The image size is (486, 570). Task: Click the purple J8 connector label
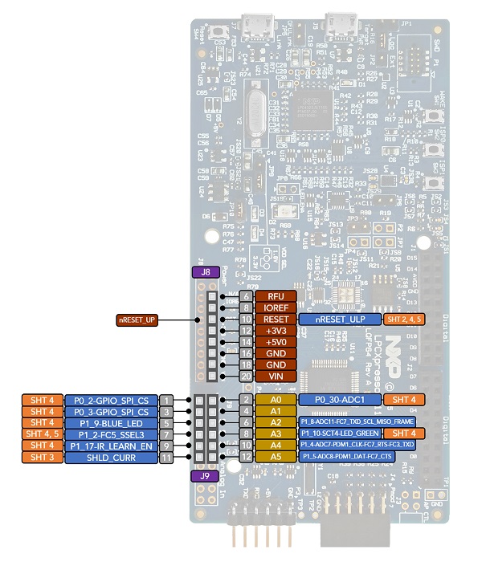coord(206,272)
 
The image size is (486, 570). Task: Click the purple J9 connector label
coord(206,475)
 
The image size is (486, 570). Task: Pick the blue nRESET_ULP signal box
coord(341,319)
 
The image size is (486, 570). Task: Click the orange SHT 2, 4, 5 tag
coord(407,319)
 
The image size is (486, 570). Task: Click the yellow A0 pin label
coord(276,399)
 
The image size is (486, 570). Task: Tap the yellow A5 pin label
coord(276,457)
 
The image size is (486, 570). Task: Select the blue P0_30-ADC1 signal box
coord(337,399)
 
